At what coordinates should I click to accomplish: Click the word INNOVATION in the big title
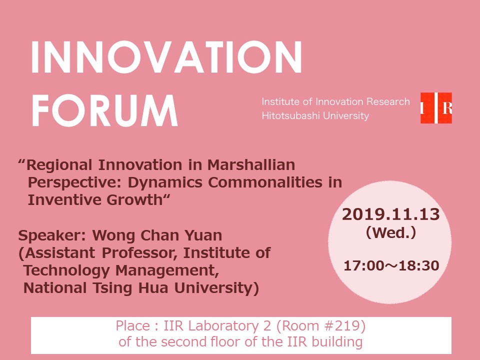166,57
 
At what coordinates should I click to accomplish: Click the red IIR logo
436,108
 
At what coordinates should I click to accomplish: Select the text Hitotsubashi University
315,116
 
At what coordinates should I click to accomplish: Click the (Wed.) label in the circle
390,232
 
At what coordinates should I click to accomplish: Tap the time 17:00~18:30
391,266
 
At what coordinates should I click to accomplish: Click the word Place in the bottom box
132,326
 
